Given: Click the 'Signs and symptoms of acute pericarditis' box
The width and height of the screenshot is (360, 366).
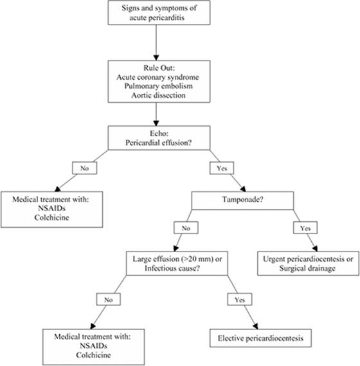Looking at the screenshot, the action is (x=159, y=13).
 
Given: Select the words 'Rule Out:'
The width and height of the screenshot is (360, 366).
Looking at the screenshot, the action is (x=159, y=68).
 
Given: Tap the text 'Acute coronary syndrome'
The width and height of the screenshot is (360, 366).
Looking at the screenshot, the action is (x=157, y=77).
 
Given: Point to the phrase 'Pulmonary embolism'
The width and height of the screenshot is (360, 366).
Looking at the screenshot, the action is (x=158, y=86).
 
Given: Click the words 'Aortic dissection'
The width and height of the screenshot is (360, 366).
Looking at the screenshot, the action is (x=158, y=95).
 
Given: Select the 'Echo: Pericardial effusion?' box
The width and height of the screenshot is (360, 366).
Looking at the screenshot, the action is (x=159, y=138).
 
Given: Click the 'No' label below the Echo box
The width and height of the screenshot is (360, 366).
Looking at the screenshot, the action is (x=84, y=168).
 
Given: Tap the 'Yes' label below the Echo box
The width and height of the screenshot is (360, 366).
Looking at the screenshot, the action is (x=222, y=168).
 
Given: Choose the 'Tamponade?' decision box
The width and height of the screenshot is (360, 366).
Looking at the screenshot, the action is (x=242, y=201).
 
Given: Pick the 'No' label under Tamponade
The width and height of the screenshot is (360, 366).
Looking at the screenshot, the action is (x=186, y=228).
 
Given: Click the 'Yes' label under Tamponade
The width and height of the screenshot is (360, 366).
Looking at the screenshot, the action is (x=305, y=228).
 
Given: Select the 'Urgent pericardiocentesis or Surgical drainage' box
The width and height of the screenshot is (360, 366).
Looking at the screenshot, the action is (x=308, y=264).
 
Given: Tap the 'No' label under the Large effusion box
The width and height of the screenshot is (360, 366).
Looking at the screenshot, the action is (x=109, y=300).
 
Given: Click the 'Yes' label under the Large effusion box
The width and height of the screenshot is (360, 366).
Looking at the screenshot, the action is (x=240, y=300).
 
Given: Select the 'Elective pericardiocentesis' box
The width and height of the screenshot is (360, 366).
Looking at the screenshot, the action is (x=260, y=338).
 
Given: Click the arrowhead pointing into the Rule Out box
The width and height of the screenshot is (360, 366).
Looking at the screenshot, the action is (x=156, y=58).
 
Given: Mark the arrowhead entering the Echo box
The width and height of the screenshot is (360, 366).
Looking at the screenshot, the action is (x=156, y=124).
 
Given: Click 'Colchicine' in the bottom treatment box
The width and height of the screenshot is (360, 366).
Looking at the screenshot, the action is (x=93, y=355).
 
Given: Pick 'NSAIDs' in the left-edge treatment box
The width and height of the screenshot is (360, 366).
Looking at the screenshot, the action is (x=51, y=208).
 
